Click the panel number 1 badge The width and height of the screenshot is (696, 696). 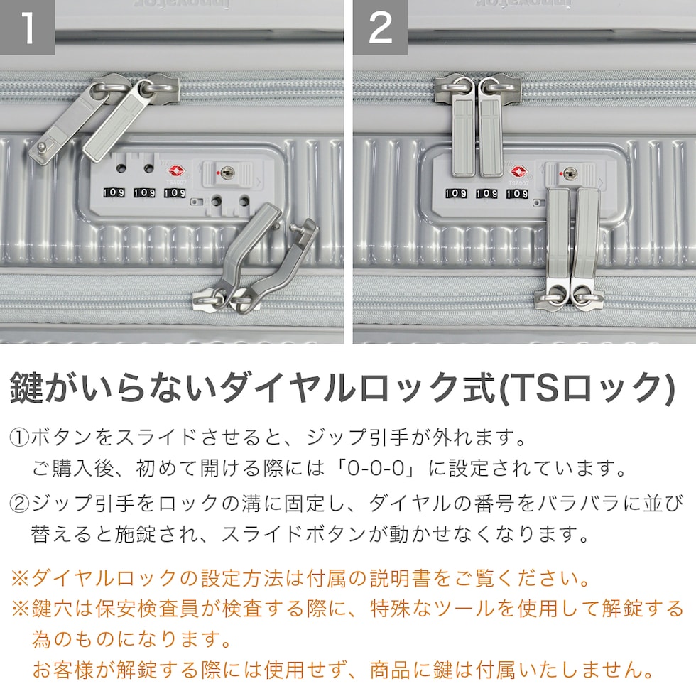pyautogui.click(x=27, y=27)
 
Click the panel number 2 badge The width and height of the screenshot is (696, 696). pyautogui.click(x=381, y=27)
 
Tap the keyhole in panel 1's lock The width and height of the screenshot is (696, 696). pyautogui.click(x=227, y=172)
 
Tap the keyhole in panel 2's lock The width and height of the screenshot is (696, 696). pyautogui.click(x=570, y=173)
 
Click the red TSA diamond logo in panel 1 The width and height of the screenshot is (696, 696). pyautogui.click(x=176, y=171)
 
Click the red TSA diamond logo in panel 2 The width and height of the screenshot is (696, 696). pyautogui.click(x=518, y=171)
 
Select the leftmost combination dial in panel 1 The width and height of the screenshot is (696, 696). pyautogui.click(x=114, y=192)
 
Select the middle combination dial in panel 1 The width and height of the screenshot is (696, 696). pyautogui.click(x=145, y=192)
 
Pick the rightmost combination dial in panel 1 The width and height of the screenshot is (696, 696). pyautogui.click(x=175, y=192)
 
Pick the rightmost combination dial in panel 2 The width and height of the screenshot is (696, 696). pyautogui.click(x=518, y=193)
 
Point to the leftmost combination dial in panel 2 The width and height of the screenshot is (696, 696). pyautogui.click(x=456, y=193)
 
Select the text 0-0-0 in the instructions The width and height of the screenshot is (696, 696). pyautogui.click(x=376, y=469)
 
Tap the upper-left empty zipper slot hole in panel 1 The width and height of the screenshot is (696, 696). pyautogui.click(x=121, y=168)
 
